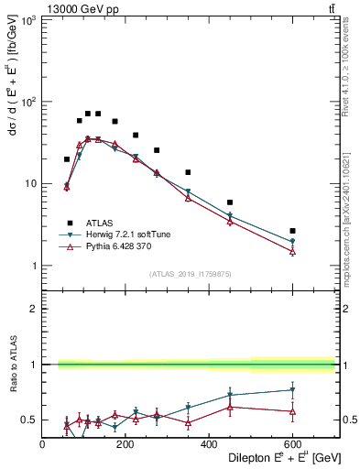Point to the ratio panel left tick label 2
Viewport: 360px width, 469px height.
point(33,309)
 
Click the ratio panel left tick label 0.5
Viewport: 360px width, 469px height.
point(30,420)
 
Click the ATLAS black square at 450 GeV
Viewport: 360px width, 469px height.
point(230,202)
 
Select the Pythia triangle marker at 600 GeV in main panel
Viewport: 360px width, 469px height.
point(292,251)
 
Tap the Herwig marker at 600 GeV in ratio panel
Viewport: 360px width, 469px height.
point(292,389)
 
